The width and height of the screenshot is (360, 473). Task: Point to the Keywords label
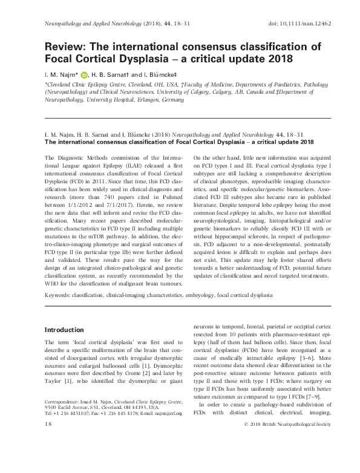point(58,295)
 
